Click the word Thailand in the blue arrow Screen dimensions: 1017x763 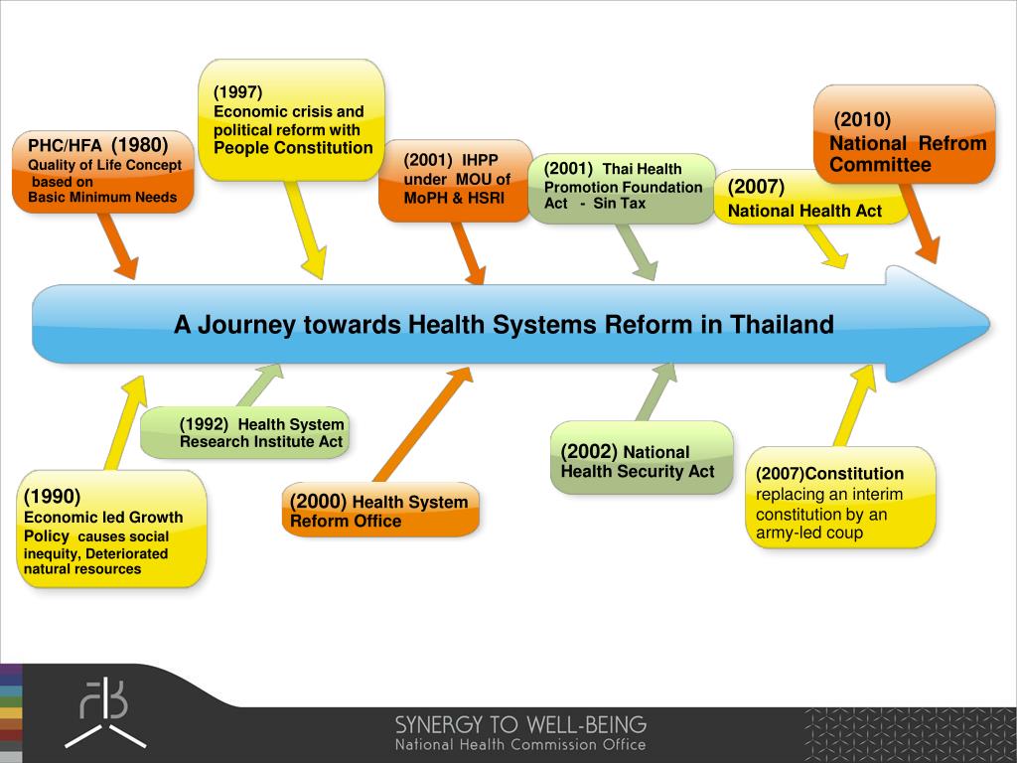click(782, 325)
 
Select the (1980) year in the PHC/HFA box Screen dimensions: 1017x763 click(139, 144)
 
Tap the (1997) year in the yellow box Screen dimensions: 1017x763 click(237, 92)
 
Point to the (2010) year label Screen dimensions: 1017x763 click(862, 120)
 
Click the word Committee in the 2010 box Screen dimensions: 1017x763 click(880, 165)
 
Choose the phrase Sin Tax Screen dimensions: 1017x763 click(620, 204)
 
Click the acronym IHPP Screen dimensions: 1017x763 click(480, 161)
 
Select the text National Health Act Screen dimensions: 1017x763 click(804, 211)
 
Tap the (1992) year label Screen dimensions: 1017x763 click(204, 424)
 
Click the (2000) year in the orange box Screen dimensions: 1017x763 click(318, 501)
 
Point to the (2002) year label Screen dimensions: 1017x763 click(589, 451)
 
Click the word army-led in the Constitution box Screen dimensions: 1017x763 click(785, 534)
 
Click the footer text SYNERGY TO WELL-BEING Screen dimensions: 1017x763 click(520, 724)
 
